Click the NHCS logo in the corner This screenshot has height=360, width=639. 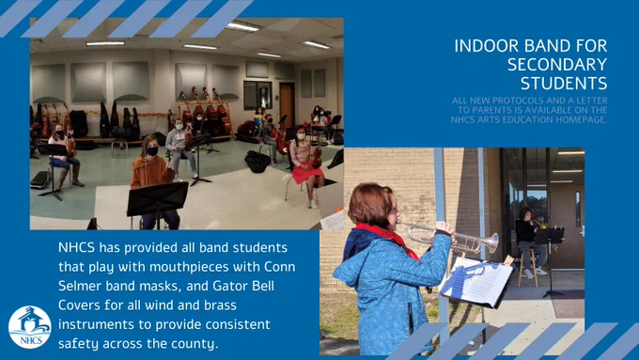coord(30,327)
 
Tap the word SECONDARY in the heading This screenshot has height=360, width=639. coord(557,65)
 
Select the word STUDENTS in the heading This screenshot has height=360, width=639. coord(564,84)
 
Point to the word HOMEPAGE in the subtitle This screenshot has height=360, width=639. coord(583,120)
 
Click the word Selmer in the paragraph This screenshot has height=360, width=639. coord(80,286)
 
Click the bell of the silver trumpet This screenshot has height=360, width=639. coord(493,243)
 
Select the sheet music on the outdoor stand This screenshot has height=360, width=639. coord(476,281)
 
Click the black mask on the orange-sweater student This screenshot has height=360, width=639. coord(152,151)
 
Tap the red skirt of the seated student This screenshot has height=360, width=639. coord(307,172)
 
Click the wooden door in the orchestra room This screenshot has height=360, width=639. coord(287,105)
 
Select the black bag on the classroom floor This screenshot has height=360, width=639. coord(257,162)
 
